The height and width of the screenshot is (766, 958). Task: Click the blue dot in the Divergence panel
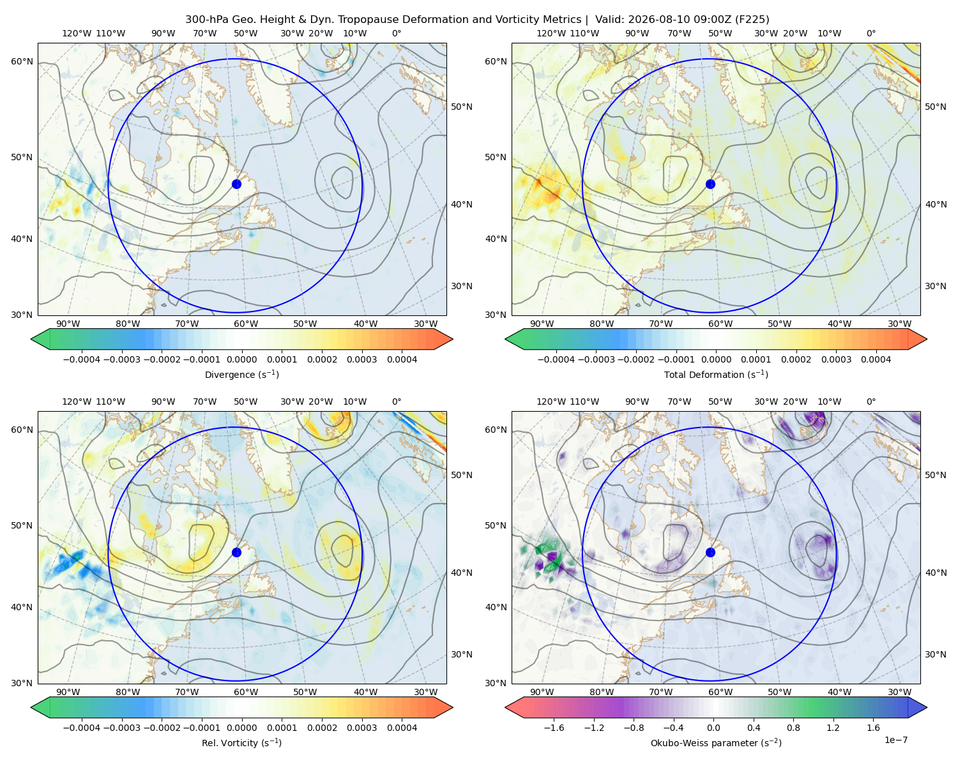click(236, 184)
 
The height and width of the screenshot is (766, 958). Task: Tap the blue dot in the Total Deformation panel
click(710, 184)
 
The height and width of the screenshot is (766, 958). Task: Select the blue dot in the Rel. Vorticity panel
click(236, 552)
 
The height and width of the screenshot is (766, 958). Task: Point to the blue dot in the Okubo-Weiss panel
click(710, 552)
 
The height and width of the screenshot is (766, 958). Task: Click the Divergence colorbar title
click(241, 374)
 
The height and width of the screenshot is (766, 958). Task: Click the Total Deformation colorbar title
click(716, 374)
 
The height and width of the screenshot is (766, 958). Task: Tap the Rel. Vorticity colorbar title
click(241, 743)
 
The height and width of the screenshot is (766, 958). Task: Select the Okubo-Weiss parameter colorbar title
click(716, 743)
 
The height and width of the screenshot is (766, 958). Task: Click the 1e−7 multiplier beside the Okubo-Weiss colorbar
click(895, 740)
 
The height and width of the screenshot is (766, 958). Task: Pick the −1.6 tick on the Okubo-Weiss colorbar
click(554, 728)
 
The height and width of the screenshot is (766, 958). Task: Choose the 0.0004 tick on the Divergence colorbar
click(402, 359)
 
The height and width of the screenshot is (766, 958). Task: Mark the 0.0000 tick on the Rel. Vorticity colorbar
click(241, 728)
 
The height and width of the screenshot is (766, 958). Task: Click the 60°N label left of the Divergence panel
click(22, 61)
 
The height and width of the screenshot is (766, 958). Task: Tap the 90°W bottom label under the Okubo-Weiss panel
click(542, 692)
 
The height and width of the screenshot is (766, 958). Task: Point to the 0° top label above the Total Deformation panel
click(871, 33)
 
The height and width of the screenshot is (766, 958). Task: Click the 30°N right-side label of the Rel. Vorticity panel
click(462, 654)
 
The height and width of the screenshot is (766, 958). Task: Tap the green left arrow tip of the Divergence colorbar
click(31, 339)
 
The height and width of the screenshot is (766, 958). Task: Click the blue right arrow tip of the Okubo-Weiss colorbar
click(927, 707)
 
